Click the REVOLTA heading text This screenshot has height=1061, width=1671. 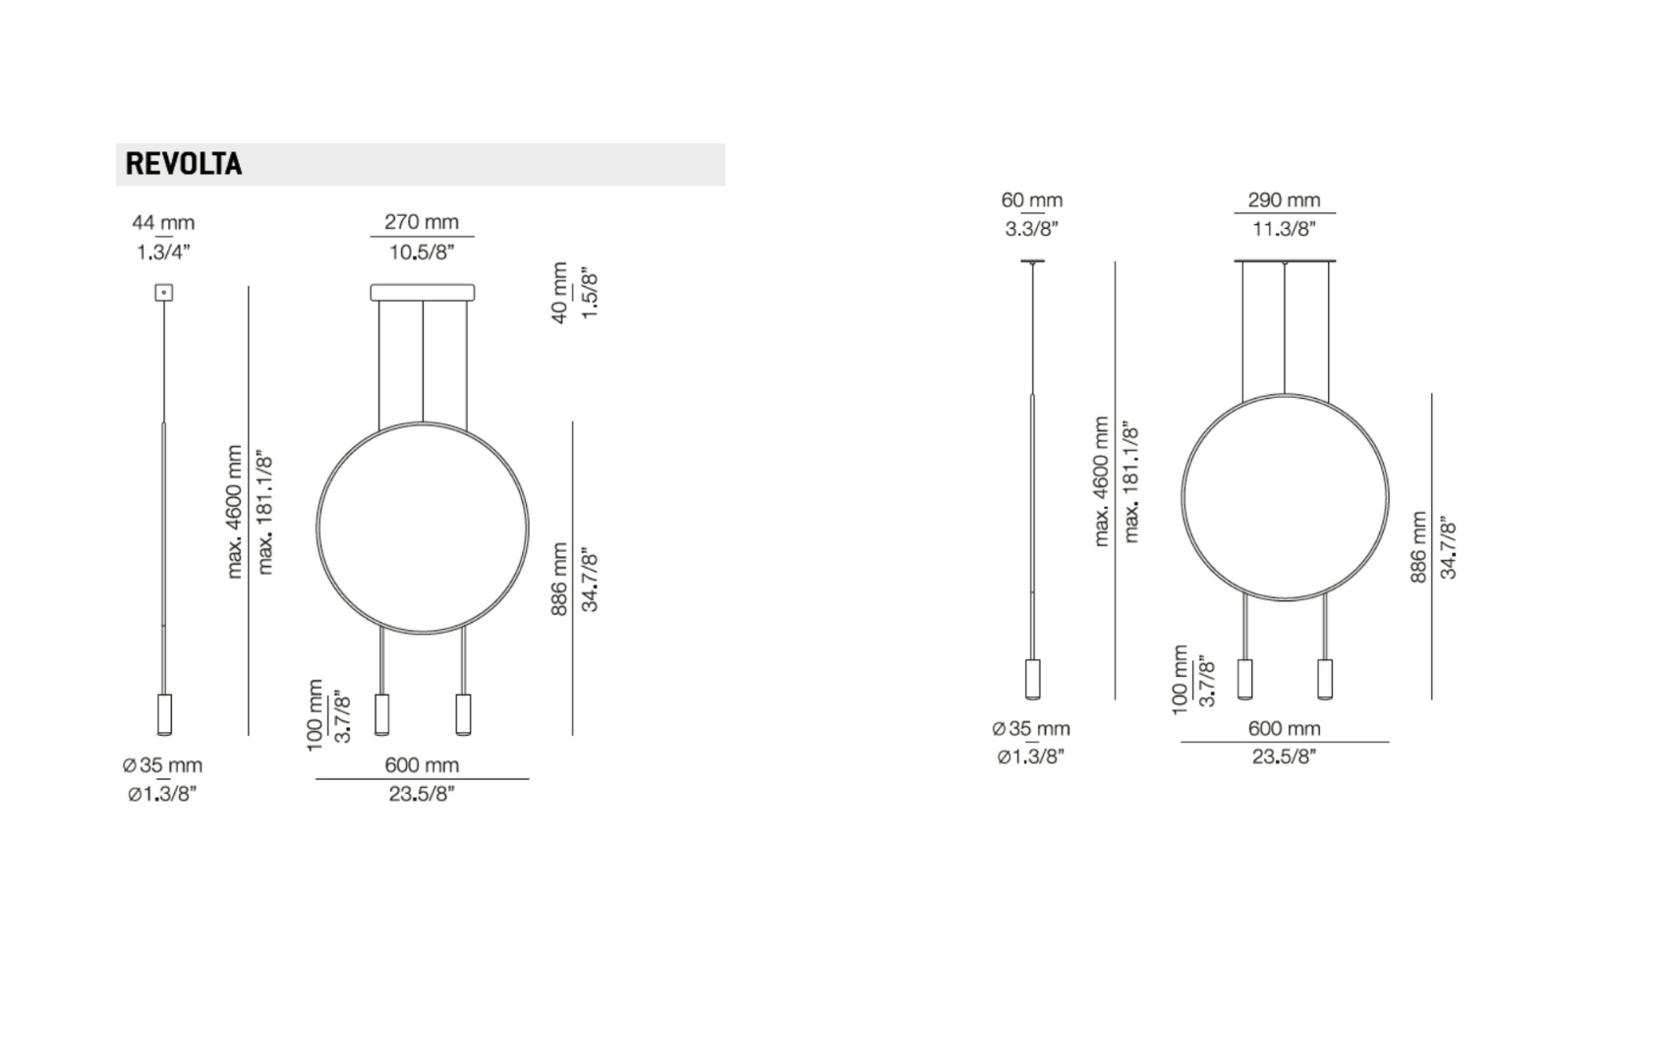[x=184, y=164]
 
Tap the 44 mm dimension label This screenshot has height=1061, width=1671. [x=163, y=222]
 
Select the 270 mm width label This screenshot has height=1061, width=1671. [x=422, y=221]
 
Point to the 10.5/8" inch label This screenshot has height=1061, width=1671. [x=422, y=252]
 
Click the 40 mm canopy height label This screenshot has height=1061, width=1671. [x=559, y=293]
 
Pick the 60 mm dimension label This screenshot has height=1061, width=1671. [x=1032, y=199]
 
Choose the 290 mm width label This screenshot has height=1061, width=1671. [x=1284, y=199]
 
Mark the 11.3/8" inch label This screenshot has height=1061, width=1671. [x=1284, y=229]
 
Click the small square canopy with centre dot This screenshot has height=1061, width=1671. [x=163, y=293]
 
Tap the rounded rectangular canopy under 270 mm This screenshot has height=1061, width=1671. [x=423, y=293]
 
